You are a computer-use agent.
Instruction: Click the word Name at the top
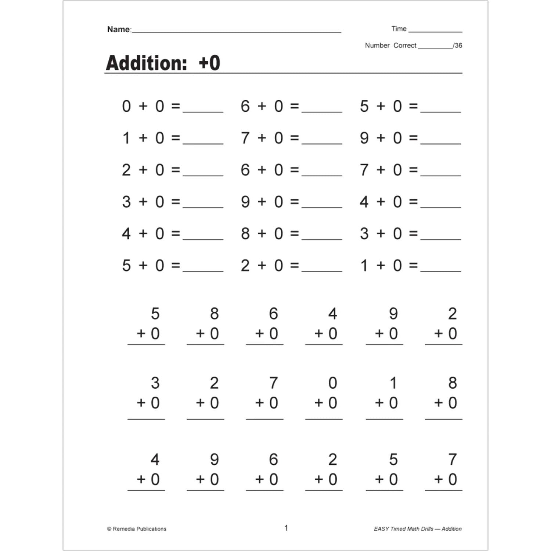[119, 29]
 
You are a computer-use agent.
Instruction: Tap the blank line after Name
[236, 32]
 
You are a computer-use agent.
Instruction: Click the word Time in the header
[399, 29]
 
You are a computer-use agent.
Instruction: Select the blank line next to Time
[435, 32]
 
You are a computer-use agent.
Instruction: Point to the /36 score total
[458, 46]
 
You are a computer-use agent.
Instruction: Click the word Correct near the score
[405, 46]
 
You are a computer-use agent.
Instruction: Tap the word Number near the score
[377, 46]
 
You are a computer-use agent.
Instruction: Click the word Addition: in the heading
[147, 63]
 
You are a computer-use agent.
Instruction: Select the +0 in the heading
[209, 63]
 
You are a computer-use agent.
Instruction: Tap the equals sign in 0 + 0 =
[176, 107]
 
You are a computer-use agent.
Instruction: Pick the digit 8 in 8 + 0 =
[245, 234]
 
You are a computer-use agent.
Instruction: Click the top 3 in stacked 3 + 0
[155, 383]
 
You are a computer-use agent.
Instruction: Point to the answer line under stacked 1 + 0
[384, 419]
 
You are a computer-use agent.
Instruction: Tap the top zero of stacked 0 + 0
[332, 383]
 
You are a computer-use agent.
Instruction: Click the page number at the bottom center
[286, 528]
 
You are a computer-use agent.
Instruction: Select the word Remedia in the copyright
[124, 529]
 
